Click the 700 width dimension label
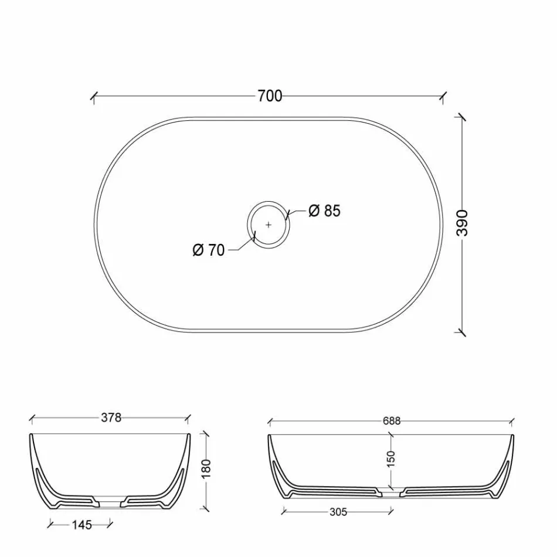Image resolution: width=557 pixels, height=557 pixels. (270, 96)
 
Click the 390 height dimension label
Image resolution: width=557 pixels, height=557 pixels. (463, 222)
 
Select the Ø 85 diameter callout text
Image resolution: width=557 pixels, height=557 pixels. (324, 210)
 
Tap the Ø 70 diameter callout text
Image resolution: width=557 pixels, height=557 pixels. (208, 250)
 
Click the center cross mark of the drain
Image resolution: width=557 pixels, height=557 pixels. (269, 224)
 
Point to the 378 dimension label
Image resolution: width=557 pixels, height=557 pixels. (111, 418)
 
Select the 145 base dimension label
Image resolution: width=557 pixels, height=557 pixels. (81, 525)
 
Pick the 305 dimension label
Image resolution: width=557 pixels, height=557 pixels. (338, 512)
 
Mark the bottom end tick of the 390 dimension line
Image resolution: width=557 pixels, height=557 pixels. (463, 332)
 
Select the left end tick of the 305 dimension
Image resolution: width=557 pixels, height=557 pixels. (284, 512)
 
